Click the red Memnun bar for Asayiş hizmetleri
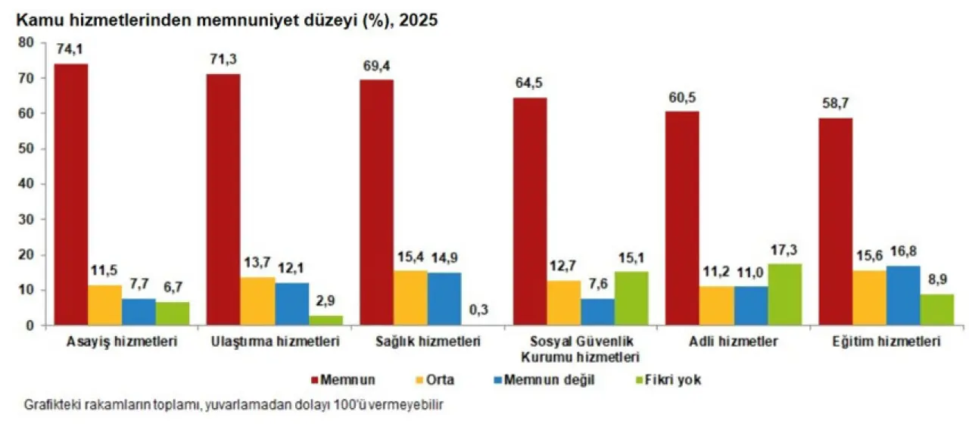[71, 195]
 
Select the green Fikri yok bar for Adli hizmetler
[784, 295]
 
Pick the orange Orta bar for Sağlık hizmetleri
[410, 298]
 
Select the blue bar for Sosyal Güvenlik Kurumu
[598, 312]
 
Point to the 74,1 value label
[70, 49]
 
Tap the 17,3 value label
[784, 250]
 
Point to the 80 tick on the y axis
[28, 42]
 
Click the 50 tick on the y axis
[28, 148]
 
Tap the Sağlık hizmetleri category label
[429, 342]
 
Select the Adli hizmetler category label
[735, 342]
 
